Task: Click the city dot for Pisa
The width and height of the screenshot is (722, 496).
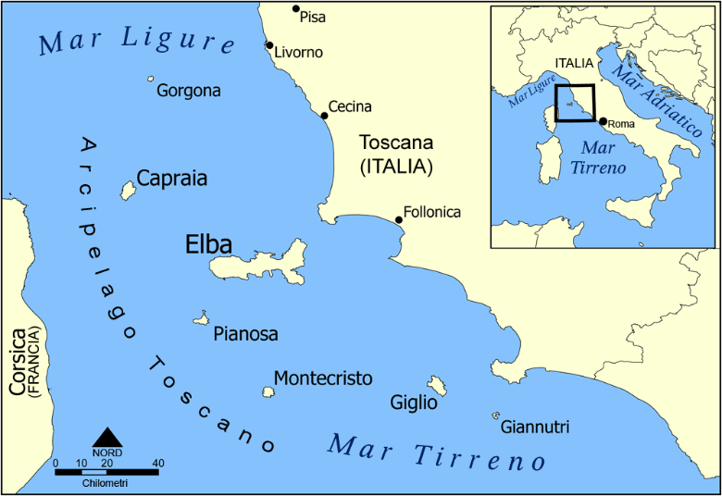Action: (296, 9)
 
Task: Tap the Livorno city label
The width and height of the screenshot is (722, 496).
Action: (299, 52)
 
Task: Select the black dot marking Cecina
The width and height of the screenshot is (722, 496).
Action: (325, 116)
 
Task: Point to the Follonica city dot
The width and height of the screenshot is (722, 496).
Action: (399, 219)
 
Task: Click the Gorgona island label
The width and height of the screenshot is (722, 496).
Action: (189, 91)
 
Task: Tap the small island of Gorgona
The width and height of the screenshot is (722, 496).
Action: (151, 80)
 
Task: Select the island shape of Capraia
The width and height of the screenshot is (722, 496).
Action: (128, 191)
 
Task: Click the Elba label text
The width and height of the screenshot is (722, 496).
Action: (208, 244)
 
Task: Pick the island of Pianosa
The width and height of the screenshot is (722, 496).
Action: (200, 318)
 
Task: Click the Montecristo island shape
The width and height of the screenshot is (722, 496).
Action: (268, 392)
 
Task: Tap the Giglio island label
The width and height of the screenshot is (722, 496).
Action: (414, 403)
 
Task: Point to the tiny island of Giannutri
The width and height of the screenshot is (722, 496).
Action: (496, 415)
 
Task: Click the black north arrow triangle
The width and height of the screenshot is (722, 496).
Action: (108, 436)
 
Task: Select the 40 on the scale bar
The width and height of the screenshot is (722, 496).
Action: (158, 463)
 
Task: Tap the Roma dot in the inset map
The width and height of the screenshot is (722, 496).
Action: (603, 121)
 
